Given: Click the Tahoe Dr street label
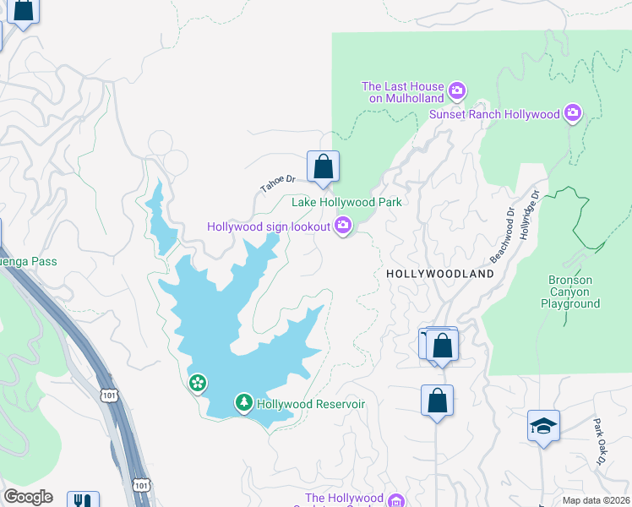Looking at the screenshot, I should pos(278,183).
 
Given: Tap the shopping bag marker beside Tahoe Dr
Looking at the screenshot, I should pos(323,167).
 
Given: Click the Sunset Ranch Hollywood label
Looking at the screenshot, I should pos(494,114).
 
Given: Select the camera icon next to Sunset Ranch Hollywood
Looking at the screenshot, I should pos(573,113).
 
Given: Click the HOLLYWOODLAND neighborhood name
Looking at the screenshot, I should pos(439,275).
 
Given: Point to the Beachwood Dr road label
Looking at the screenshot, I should pos(502,234).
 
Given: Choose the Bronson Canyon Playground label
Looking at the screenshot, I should pos(570,292).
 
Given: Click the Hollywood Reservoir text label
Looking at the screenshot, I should pos(311,404).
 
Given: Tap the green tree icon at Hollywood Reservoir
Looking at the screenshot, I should pos(243,403).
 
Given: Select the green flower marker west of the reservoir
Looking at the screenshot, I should pos(197,384).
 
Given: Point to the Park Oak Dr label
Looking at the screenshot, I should pos(598,442).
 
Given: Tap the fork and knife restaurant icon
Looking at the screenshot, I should pos(83,500).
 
